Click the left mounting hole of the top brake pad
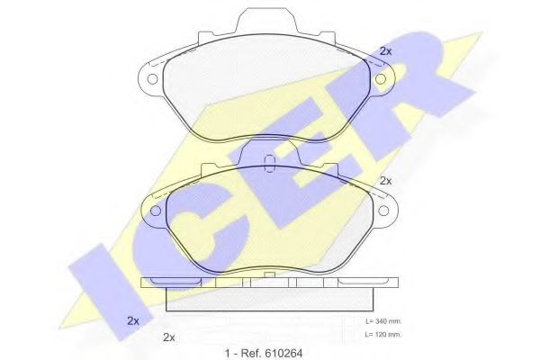coord(152,79)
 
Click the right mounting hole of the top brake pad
coord(380,79)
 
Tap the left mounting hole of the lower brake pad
coord(156,211)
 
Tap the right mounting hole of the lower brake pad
coord(383,210)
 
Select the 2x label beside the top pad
coord(386,51)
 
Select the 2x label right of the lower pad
coord(386,181)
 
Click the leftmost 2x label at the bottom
coord(133,320)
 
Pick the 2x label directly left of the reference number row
coord(169,337)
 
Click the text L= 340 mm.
coord(383,321)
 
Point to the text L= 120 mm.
coord(383,335)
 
